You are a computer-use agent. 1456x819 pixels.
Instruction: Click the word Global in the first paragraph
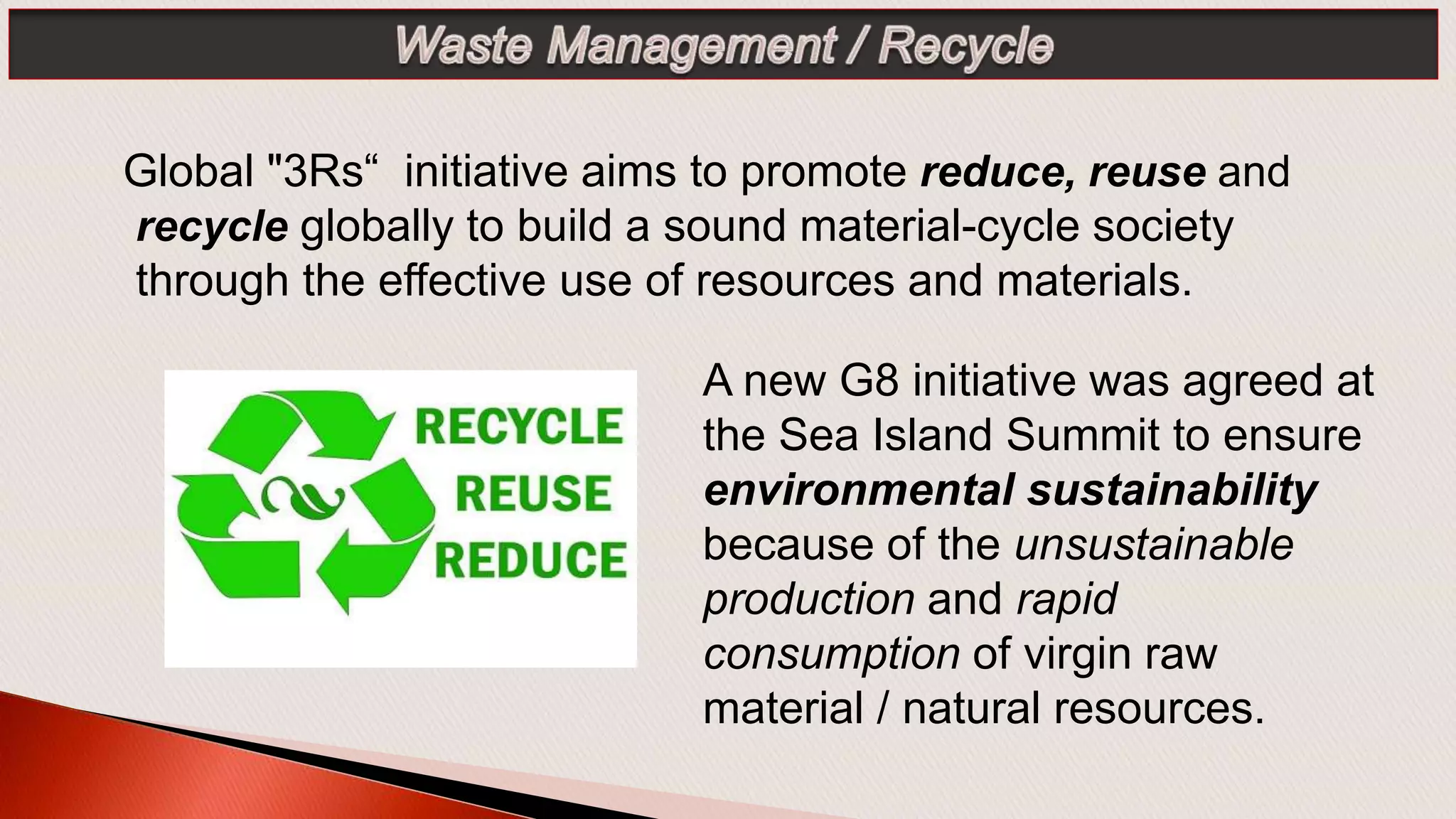(188, 171)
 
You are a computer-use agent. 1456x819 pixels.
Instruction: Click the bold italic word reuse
(1147, 171)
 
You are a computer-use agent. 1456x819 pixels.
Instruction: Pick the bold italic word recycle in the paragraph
(212, 226)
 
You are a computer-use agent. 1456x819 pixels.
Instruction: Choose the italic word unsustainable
(1154, 545)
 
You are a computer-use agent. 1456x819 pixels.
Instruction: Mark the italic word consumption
(831, 653)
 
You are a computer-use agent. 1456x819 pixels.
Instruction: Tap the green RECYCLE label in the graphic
(519, 427)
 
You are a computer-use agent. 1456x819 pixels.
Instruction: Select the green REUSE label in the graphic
(533, 493)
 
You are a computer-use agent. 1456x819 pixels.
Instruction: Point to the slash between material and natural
(882, 708)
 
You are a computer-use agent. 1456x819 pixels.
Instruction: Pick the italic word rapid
(1066, 599)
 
